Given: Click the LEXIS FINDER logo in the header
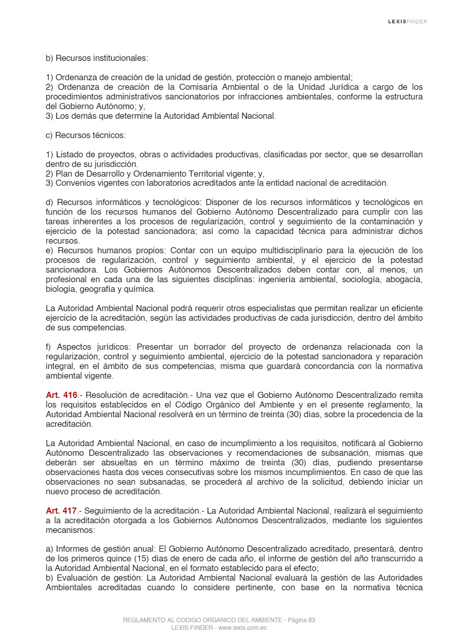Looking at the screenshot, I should (407, 21).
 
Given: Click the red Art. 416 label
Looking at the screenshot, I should (61, 395).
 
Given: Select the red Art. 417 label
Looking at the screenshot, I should (61, 511).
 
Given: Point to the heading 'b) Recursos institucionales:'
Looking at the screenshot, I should (96, 58).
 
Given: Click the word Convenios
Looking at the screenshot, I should (73, 183).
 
